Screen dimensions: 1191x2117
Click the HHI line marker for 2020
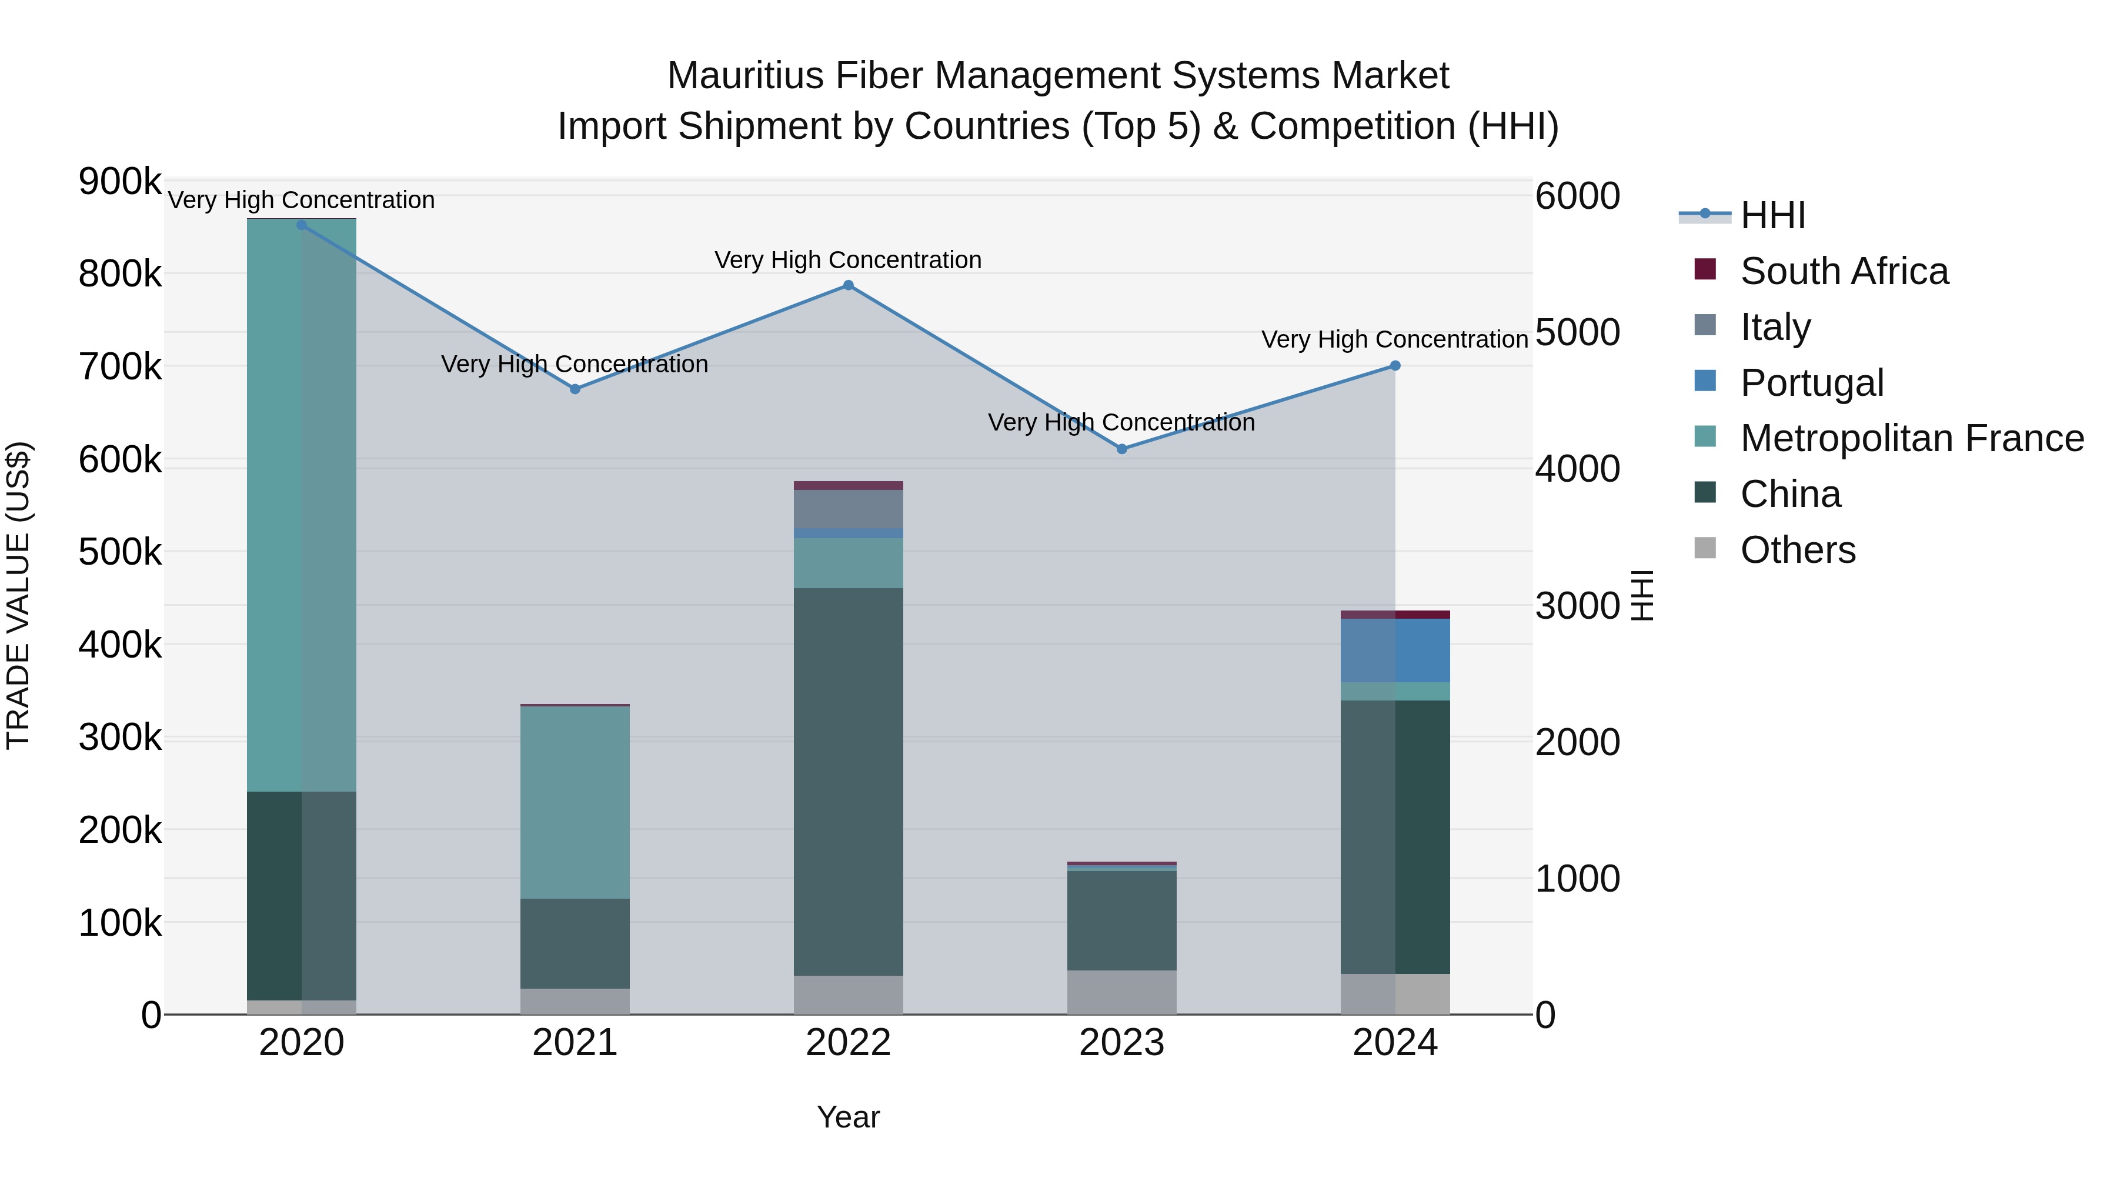[x=302, y=225]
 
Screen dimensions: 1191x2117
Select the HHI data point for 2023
[x=1122, y=449]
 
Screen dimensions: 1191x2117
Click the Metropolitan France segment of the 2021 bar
[x=575, y=802]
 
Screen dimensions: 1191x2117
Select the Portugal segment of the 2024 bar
[x=1395, y=650]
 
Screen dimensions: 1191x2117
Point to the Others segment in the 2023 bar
[x=1122, y=992]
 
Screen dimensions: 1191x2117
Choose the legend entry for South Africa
[x=1844, y=271]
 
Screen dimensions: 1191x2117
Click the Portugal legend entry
[x=1811, y=383]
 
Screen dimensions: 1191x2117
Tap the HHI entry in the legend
[x=1772, y=215]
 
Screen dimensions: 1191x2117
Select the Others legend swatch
[x=1705, y=548]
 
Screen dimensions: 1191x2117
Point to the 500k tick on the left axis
[x=119, y=552]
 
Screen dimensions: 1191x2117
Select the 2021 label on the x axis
[x=575, y=1043]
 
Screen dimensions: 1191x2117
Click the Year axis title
[x=848, y=1117]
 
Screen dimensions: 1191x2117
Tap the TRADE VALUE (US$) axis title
[x=18, y=596]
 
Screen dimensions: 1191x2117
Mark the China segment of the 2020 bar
[x=302, y=896]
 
